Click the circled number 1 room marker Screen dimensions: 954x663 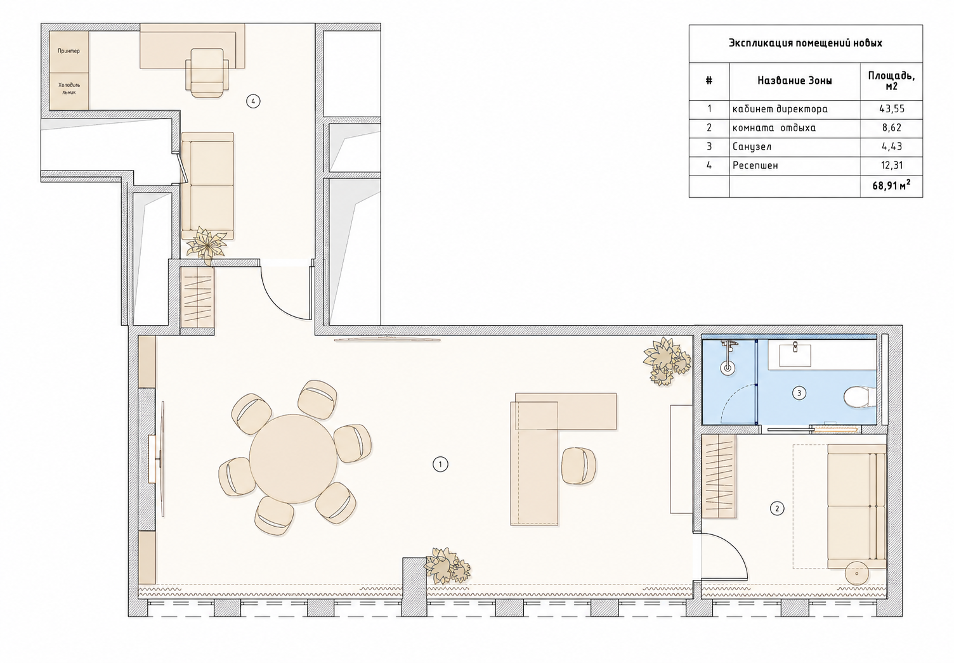[x=440, y=464]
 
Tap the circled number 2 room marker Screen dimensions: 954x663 [x=777, y=508]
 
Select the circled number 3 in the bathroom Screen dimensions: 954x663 [x=799, y=393]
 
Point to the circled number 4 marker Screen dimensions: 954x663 [x=254, y=101]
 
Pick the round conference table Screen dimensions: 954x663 [x=294, y=459]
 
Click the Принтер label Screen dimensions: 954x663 [x=69, y=51]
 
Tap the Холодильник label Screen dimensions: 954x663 [x=69, y=88]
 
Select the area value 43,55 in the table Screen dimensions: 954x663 [x=891, y=109]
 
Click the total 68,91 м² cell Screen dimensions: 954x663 [x=891, y=186]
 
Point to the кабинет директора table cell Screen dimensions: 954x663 [x=780, y=109]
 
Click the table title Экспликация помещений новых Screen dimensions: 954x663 [x=806, y=43]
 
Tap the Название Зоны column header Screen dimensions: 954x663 [x=794, y=80]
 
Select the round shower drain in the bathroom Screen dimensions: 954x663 [x=728, y=368]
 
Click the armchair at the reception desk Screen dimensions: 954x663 [x=207, y=73]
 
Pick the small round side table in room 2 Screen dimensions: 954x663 [x=856, y=574]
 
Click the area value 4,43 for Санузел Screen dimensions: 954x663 [x=891, y=146]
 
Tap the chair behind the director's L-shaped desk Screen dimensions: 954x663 [x=579, y=465]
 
